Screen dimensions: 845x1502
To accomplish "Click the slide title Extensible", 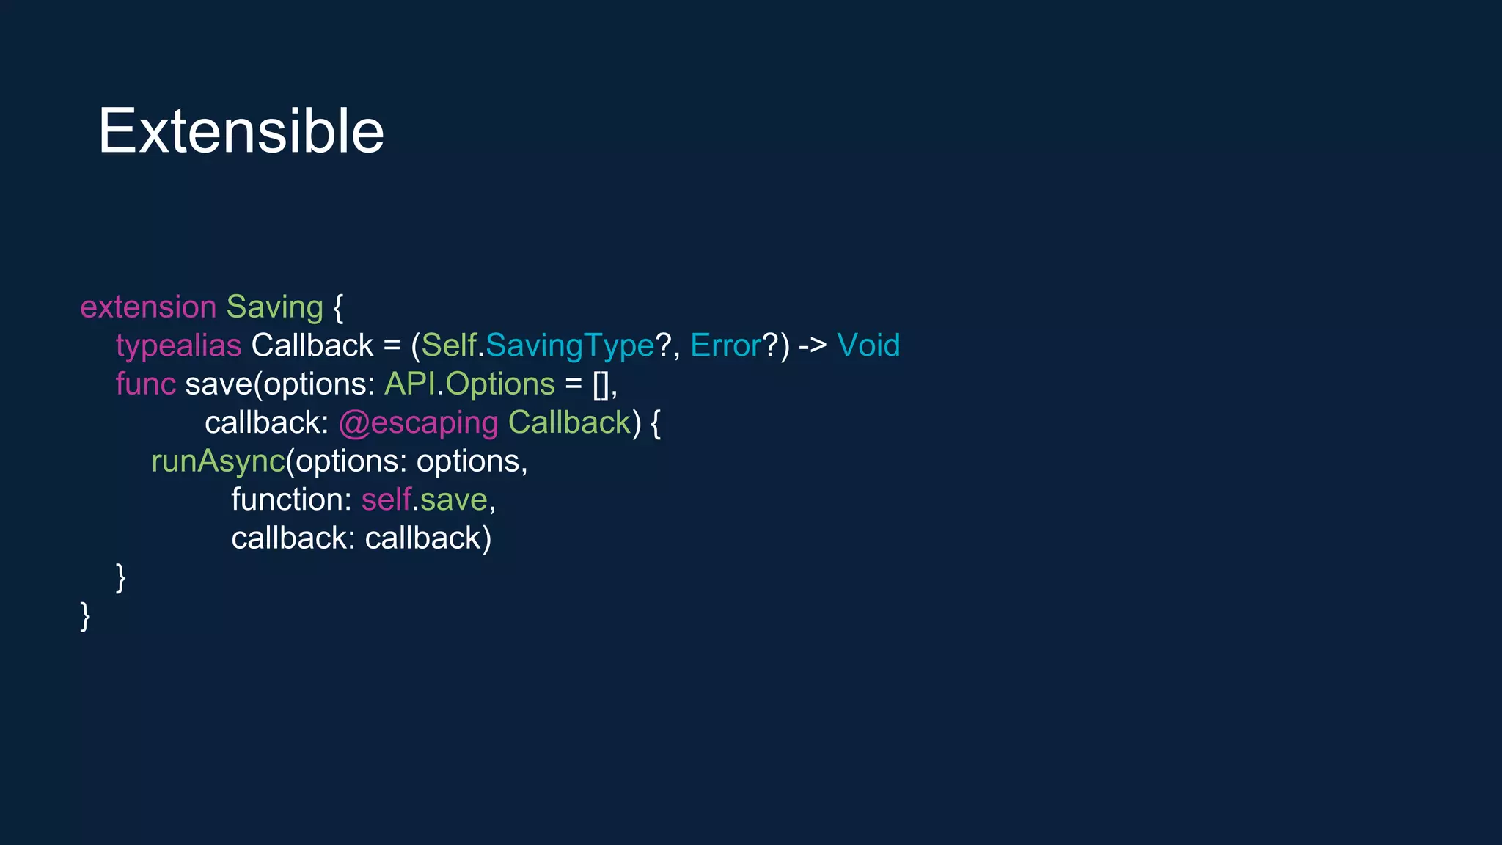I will point(241,131).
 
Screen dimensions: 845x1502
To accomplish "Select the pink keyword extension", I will point(148,307).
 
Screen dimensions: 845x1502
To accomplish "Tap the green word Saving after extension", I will point(274,307).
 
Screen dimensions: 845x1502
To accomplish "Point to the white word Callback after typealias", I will point(312,345).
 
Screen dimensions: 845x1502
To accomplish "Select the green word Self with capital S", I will point(449,345).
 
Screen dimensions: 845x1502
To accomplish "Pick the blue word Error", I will point(725,345).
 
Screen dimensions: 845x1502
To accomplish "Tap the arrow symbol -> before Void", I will point(813,345).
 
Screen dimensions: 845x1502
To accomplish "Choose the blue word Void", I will point(868,345).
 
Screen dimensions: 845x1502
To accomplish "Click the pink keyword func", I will point(145,384).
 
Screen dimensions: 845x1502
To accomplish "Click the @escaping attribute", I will point(418,423).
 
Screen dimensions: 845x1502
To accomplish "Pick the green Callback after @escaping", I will point(569,422).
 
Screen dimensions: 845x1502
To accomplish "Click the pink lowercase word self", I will point(386,500).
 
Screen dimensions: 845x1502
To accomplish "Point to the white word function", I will point(291,500).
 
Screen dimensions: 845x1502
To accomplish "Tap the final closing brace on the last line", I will point(85,616).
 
